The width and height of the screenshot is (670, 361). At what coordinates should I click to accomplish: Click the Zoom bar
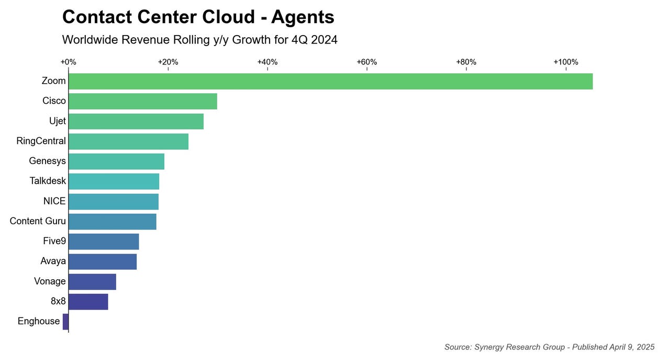pyautogui.click(x=330, y=81)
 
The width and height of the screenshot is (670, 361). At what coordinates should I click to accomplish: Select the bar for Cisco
pyautogui.click(x=143, y=101)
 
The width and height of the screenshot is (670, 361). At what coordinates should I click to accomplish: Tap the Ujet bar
pyautogui.click(x=136, y=121)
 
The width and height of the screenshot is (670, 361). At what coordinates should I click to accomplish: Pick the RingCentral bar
pyautogui.click(x=128, y=141)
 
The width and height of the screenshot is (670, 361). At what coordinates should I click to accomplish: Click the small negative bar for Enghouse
pyautogui.click(x=65, y=322)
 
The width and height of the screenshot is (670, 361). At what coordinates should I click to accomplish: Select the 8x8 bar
pyautogui.click(x=88, y=302)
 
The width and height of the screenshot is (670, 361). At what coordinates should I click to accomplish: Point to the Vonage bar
pyautogui.click(x=92, y=281)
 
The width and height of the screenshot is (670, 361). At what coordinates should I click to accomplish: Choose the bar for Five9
pyautogui.click(x=104, y=242)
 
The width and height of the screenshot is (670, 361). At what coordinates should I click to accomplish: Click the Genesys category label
pyautogui.click(x=48, y=161)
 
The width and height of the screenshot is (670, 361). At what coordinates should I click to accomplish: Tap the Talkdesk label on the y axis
pyautogui.click(x=48, y=181)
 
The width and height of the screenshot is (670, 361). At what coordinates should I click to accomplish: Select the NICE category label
pyautogui.click(x=54, y=201)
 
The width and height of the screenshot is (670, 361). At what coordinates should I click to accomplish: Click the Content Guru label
pyautogui.click(x=38, y=221)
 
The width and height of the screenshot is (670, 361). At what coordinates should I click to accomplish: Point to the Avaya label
pyautogui.click(x=53, y=261)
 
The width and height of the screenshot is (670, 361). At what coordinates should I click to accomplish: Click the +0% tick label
pyautogui.click(x=69, y=62)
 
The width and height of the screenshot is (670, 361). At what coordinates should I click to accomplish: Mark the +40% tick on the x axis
pyautogui.click(x=267, y=62)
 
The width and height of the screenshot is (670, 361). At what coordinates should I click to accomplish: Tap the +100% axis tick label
pyautogui.click(x=566, y=62)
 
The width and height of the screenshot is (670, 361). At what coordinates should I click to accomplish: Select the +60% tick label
pyautogui.click(x=367, y=62)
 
